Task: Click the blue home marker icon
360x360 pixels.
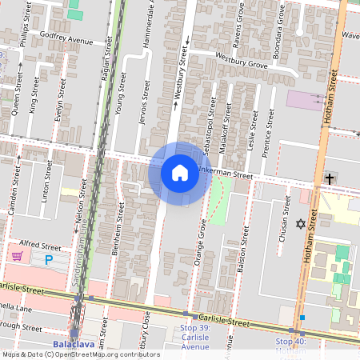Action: pyautogui.click(x=180, y=172)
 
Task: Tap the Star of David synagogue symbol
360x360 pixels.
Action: pyautogui.click(x=302, y=225)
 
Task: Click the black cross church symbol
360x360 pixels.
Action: pyautogui.click(x=329, y=178)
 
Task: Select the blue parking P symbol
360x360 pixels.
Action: pyautogui.click(x=49, y=260)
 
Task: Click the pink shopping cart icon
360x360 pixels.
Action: pyautogui.click(x=16, y=256)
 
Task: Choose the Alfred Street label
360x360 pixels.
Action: pyautogui.click(x=40, y=247)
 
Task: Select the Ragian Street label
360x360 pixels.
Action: pyautogui.click(x=106, y=52)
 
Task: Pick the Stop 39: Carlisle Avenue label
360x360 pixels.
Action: pyautogui.click(x=194, y=337)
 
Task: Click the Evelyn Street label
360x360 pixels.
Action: pyautogui.click(x=58, y=106)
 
